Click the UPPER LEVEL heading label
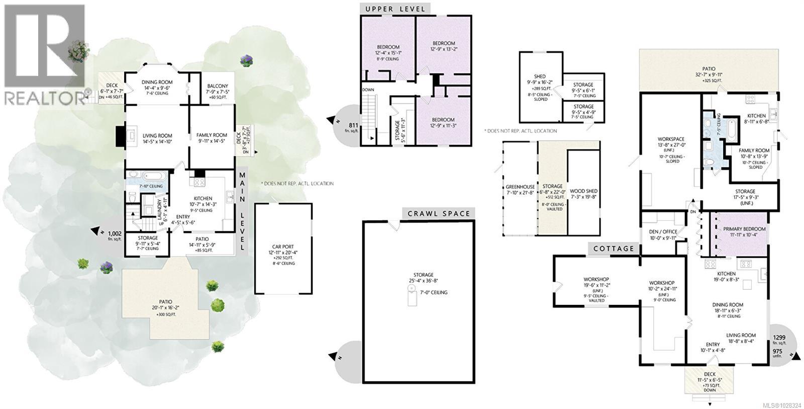click(x=395, y=9)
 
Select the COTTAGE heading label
click(x=613, y=249)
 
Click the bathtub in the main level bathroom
click(x=153, y=176)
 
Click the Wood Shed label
click(x=583, y=191)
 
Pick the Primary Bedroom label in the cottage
click(x=745, y=229)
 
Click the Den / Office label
click(x=663, y=231)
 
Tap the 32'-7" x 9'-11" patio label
click(x=709, y=74)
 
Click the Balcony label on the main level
click(x=217, y=86)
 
